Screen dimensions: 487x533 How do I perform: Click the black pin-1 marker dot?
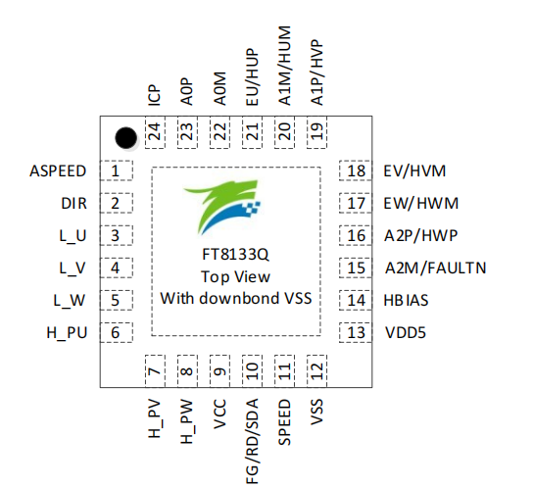tap(123, 136)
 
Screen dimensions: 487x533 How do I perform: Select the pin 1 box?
tap(118, 171)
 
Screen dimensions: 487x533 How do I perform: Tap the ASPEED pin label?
tap(58, 171)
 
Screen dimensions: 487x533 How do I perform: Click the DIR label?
tap(73, 204)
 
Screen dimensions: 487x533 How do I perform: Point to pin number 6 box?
tap(118, 333)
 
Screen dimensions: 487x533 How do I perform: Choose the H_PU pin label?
tap(67, 333)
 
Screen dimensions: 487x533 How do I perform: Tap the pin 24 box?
tap(154, 130)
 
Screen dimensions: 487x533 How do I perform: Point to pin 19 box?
tap(316, 130)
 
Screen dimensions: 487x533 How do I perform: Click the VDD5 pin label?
tap(405, 333)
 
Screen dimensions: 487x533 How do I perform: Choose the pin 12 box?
tap(316, 372)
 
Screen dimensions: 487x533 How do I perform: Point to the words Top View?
tap(235, 277)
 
